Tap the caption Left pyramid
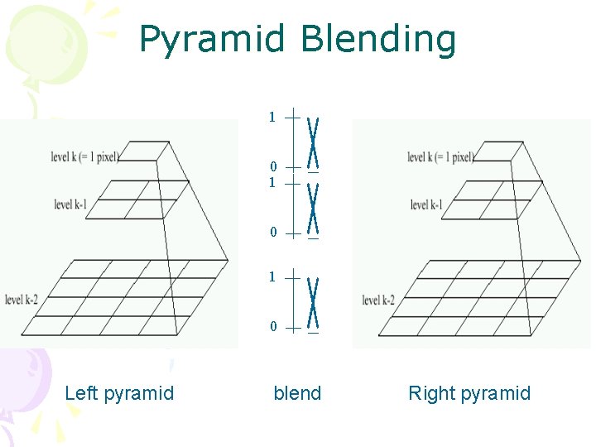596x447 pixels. [x=119, y=393]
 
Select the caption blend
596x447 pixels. [x=297, y=393]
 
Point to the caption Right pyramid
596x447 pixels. [x=469, y=393]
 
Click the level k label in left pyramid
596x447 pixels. [x=84, y=156]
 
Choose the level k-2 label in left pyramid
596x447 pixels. [x=21, y=300]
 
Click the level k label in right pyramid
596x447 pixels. [x=440, y=157]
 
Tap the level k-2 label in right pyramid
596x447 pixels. [x=378, y=300]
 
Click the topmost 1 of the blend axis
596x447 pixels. [x=272, y=118]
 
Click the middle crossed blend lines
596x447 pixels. [x=313, y=207]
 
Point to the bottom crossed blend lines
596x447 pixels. [x=313, y=301]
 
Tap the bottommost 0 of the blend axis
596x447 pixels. [x=273, y=327]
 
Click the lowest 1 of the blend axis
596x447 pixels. [x=272, y=276]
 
